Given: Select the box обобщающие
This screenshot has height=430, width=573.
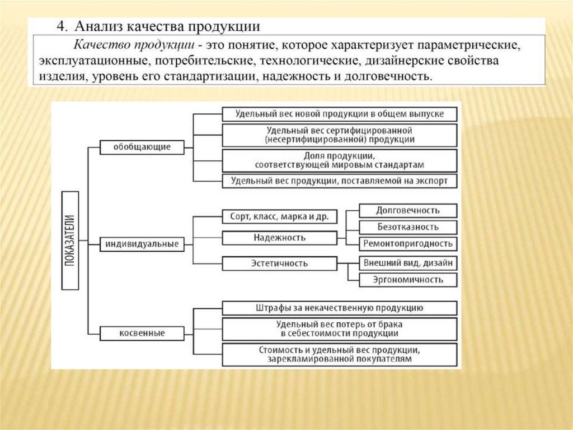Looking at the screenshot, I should click(x=142, y=147).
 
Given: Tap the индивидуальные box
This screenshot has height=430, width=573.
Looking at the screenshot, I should click(x=142, y=244).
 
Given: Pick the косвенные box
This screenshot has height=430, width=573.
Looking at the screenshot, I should click(x=142, y=333).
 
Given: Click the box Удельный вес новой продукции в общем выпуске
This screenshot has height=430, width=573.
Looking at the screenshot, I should click(x=340, y=114).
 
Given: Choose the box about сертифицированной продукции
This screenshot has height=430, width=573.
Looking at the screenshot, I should click(x=340, y=135).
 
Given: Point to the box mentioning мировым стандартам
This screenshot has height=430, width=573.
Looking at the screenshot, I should click(x=340, y=160).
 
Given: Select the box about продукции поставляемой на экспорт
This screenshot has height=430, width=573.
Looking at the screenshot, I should click(x=340, y=181).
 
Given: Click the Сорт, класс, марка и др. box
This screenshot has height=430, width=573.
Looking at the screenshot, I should click(x=279, y=216).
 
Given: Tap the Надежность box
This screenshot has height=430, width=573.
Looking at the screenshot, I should click(x=279, y=238).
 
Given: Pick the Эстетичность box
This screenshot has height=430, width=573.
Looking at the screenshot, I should click(x=279, y=263).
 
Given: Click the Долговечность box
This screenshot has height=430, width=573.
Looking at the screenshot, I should click(x=407, y=210).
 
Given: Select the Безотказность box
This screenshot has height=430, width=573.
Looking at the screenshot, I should click(x=407, y=227).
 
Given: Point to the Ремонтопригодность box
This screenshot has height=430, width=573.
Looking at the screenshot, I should click(x=407, y=244).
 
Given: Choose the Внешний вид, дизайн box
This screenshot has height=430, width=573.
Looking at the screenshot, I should click(x=407, y=262).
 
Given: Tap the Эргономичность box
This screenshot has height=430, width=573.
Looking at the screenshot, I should click(x=407, y=280).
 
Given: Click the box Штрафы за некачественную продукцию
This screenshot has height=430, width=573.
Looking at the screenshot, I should click(x=340, y=308).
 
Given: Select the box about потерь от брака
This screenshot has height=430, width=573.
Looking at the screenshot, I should click(x=340, y=329).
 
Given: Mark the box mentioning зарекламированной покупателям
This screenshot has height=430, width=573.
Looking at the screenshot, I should click(x=340, y=354).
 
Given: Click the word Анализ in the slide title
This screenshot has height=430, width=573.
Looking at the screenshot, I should click(x=100, y=26).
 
